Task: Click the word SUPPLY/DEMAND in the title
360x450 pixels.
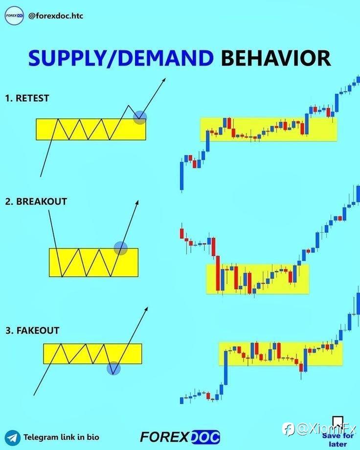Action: pos(121,58)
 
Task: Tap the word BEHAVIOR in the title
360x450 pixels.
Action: pos(276,58)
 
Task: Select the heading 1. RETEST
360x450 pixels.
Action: pos(27,98)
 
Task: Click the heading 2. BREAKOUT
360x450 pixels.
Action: pos(36,202)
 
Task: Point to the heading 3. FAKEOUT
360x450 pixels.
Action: pos(32,330)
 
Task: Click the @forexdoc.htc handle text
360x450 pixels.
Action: pos(56,16)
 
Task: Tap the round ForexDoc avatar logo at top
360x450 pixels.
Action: pos(14,16)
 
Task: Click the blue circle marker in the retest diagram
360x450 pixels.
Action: pos(140,117)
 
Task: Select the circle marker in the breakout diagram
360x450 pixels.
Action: pos(121,248)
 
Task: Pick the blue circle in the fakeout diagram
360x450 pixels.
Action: pos(113,368)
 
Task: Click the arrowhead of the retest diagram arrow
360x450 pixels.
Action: pos(164,80)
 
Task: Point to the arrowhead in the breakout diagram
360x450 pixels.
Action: pos(137,202)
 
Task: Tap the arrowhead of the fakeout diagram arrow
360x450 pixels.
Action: pos(146,309)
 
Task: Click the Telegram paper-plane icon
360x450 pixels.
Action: pos(13,438)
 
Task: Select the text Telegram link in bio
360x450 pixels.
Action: pos(61,437)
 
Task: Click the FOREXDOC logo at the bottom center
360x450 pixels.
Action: pos(180,437)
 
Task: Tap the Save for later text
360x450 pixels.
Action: pos(338,440)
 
